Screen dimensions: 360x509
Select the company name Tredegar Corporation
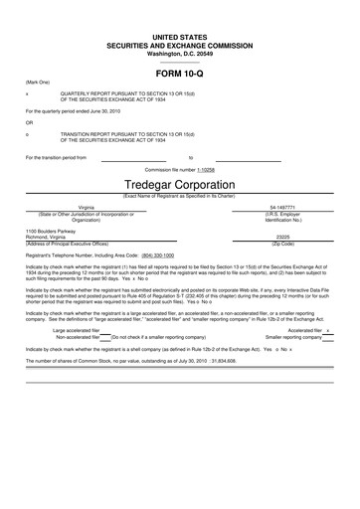(180, 186)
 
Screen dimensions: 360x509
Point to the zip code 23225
(282, 236)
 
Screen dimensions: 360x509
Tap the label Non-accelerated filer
(79, 337)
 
